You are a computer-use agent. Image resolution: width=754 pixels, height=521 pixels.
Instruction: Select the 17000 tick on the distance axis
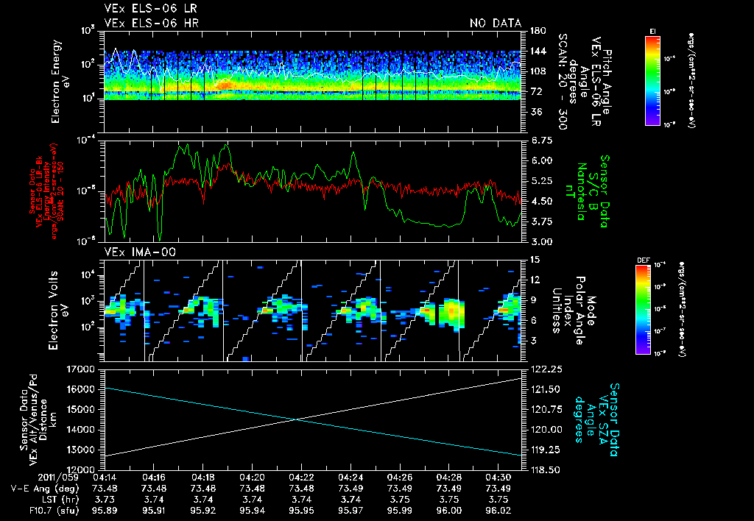(x=83, y=369)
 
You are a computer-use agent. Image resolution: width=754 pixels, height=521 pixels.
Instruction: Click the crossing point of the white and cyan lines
(x=297, y=419)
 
